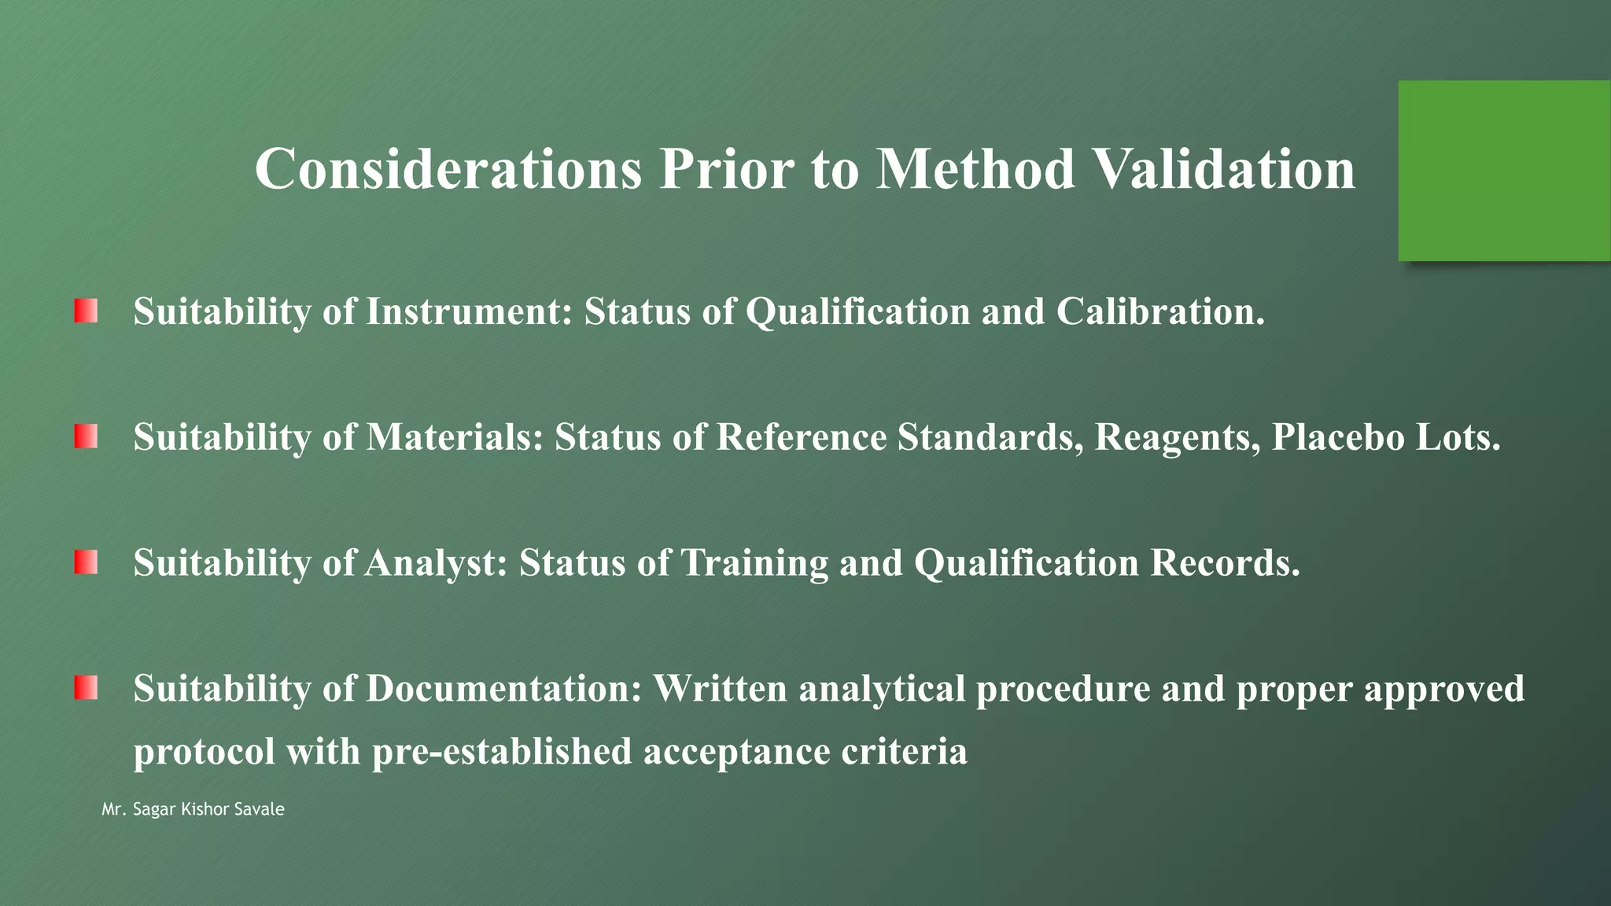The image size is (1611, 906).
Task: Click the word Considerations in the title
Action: click(448, 169)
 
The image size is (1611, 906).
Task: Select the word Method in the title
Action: click(975, 169)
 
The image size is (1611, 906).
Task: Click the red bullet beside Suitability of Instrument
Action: click(86, 311)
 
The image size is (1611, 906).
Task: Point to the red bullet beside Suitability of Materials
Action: click(86, 436)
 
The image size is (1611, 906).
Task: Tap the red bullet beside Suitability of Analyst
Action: click(86, 562)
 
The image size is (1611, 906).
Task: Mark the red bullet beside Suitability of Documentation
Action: click(86, 688)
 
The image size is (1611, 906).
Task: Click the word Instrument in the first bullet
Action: click(469, 311)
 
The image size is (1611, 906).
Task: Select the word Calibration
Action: click(1159, 311)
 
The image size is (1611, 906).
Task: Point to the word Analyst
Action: click(435, 563)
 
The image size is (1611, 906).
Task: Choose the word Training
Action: click(754, 563)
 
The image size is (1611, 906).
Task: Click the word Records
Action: click(1225, 563)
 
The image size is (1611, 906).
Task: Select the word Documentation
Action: click(503, 689)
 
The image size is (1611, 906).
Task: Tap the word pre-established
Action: click(502, 752)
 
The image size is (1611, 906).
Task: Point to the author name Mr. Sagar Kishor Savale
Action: click(193, 809)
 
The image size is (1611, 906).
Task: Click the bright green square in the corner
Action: click(1504, 171)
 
